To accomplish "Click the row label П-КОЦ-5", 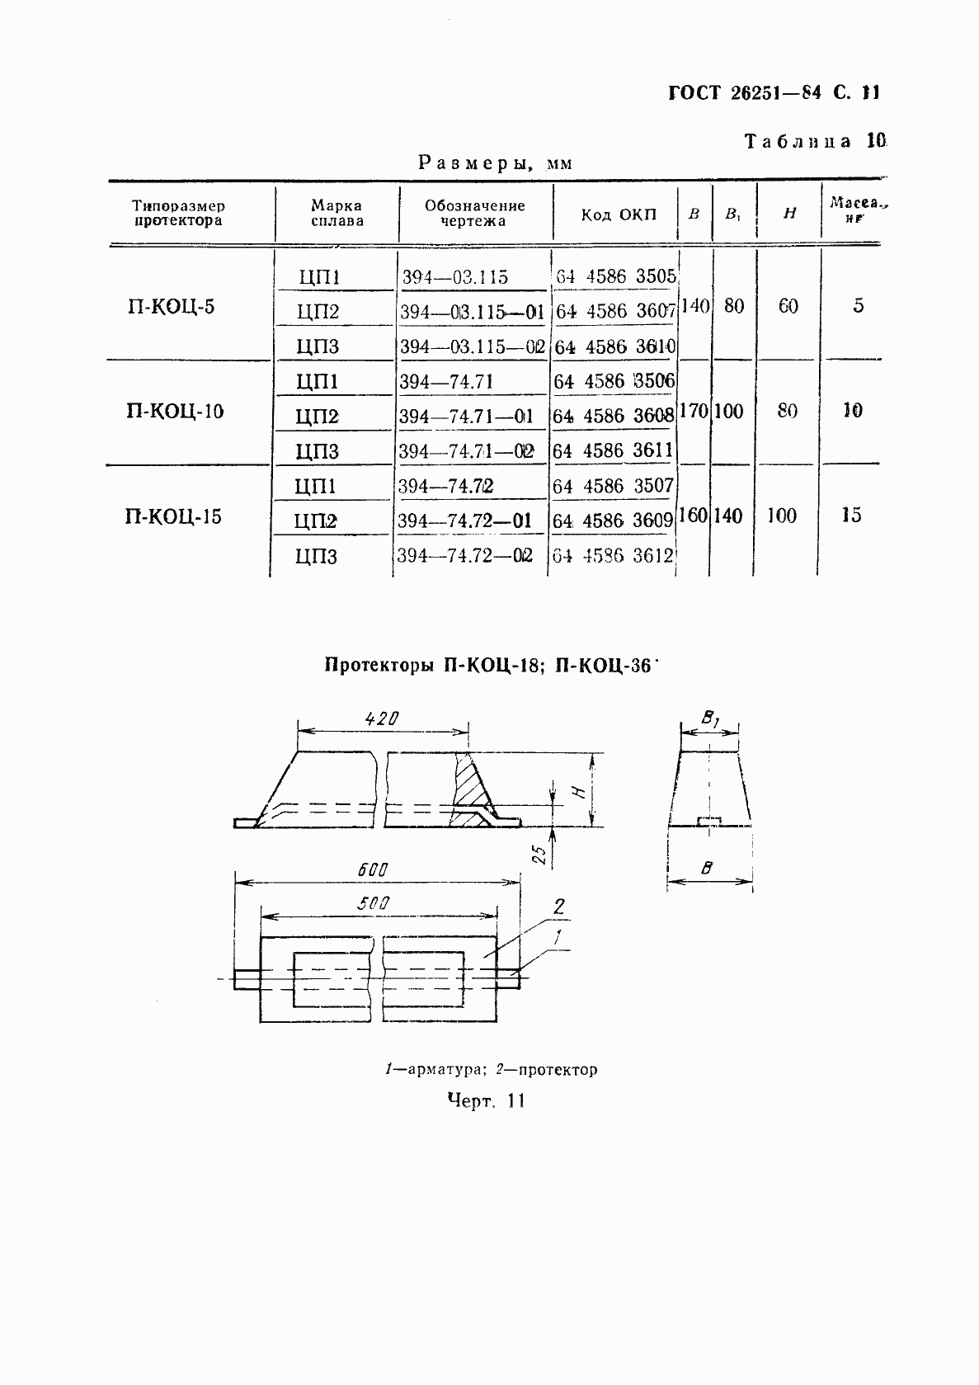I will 171,308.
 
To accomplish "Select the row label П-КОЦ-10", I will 175,411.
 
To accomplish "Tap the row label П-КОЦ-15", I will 173,517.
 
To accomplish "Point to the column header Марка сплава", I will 337,213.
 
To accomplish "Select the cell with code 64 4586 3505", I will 615,276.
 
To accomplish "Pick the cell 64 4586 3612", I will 613,555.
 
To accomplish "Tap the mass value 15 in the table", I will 851,516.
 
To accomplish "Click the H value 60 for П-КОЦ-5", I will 788,307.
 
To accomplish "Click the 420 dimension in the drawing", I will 382,718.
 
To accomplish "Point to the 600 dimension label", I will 373,869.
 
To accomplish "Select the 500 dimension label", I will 373,902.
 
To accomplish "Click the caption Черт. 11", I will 486,1100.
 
